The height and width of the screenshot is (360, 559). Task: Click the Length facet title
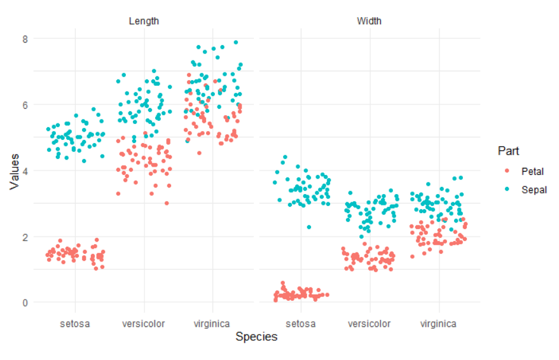(144, 21)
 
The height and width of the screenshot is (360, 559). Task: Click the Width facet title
(369, 21)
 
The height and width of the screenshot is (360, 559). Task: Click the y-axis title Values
(14, 171)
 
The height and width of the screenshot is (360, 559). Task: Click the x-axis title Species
(256, 337)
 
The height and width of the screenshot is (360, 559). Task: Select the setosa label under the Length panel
(75, 324)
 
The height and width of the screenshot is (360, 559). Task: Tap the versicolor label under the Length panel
(144, 324)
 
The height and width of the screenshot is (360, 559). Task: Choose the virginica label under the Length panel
(212, 324)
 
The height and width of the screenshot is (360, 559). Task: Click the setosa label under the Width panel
(301, 324)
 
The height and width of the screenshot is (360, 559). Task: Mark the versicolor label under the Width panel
(369, 324)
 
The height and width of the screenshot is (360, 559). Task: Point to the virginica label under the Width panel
(438, 324)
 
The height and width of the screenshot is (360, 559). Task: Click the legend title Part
(508, 151)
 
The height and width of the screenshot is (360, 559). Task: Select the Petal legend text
(532, 172)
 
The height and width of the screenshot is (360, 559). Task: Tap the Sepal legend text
(534, 189)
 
